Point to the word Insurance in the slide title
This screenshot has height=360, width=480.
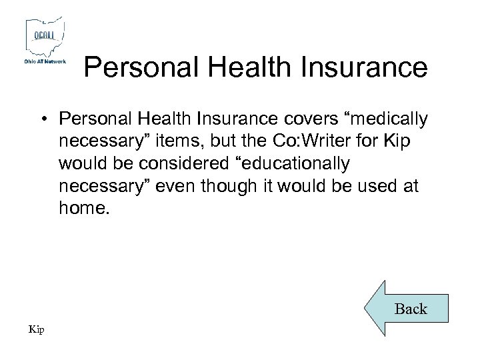pyautogui.click(x=366, y=67)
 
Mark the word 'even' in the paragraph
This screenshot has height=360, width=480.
pyautogui.click(x=176, y=186)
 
